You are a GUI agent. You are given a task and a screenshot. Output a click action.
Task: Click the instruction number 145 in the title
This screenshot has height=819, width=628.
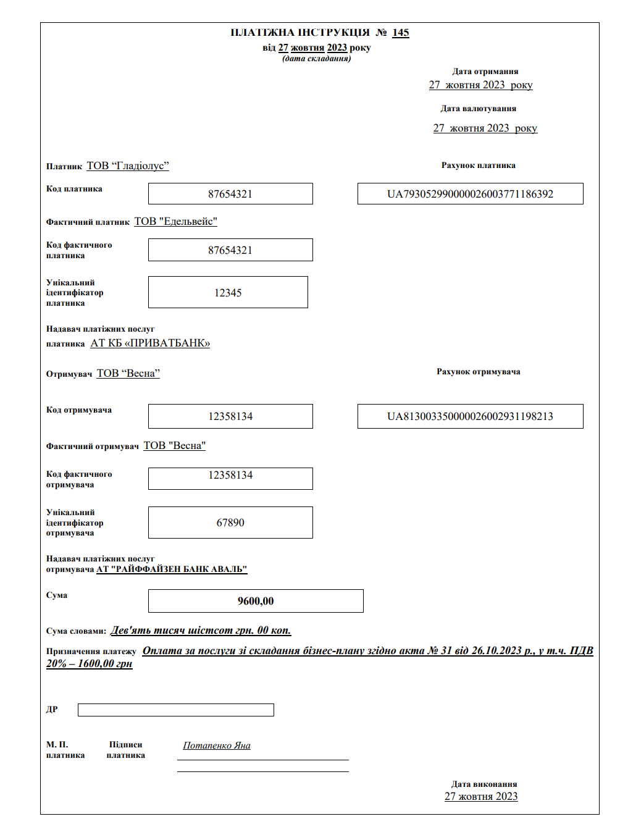point(400,33)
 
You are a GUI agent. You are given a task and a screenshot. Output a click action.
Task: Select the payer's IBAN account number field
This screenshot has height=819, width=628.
point(470,194)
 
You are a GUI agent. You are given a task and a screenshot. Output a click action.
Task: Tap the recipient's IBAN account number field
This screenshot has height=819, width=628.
point(470,416)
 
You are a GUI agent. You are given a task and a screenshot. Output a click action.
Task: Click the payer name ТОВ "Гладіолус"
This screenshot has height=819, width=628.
point(128,166)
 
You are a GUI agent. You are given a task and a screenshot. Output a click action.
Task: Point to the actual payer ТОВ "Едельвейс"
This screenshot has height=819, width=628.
point(176,222)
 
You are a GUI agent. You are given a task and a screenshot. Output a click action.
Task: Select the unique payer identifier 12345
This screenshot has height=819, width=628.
point(228,293)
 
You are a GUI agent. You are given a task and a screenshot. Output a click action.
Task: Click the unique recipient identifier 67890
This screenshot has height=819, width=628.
point(230,523)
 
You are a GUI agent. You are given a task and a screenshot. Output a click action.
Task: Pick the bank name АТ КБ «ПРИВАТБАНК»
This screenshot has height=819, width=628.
point(150,343)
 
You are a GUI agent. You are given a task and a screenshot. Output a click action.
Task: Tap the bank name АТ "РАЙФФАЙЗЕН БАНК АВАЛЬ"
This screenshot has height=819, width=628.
point(172,569)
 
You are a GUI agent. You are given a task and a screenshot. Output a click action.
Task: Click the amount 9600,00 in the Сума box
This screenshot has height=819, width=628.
point(256,601)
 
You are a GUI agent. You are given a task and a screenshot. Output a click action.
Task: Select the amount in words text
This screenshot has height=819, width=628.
point(201,631)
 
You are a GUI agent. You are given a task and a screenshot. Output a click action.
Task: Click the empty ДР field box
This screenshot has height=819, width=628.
point(175,710)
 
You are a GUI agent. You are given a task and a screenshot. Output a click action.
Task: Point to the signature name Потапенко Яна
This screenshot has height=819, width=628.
point(217,745)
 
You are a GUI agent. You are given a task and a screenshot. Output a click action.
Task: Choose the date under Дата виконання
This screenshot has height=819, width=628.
point(481,797)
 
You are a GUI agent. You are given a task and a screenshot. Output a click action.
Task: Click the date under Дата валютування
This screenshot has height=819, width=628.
point(485,128)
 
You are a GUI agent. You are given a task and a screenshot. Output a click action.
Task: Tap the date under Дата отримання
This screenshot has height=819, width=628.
point(480,85)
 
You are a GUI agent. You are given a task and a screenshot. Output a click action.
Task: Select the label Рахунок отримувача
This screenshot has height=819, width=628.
point(478,372)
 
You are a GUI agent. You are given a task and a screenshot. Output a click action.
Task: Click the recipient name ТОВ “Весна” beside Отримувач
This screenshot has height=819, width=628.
point(128,374)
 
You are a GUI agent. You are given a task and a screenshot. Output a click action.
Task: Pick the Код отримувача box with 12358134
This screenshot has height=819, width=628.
point(230,416)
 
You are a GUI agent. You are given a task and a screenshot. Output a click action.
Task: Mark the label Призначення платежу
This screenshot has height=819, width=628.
point(91,652)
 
